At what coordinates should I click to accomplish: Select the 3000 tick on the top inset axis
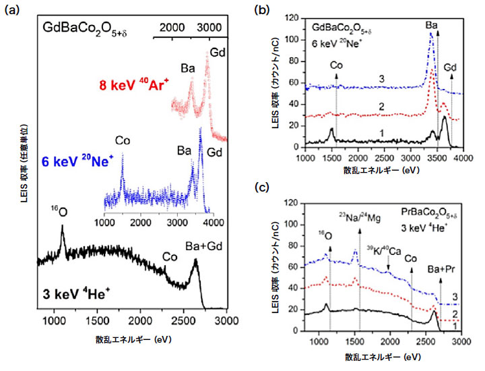point(207,27)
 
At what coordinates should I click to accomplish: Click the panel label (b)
point(262,9)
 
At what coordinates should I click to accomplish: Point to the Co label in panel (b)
point(337,65)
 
